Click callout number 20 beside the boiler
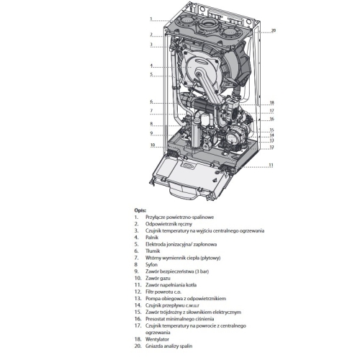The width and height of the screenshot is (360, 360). click(274, 30)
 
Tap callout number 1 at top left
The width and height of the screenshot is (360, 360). click(151, 19)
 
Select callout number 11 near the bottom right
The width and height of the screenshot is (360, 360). click(271, 165)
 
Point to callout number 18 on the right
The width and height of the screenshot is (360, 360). click(271, 102)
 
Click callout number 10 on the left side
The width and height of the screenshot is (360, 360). click(153, 145)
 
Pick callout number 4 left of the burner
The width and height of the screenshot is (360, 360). click(151, 66)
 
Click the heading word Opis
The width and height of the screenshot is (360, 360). click(140, 210)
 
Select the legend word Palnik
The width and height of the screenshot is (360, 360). click(152, 238)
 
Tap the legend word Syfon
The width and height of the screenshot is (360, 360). click(151, 264)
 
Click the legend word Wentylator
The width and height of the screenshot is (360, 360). click(157, 339)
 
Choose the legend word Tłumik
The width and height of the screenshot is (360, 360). click(153, 251)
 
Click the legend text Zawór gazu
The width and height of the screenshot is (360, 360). click(158, 278)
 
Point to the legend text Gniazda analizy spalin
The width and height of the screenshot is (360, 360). click(169, 346)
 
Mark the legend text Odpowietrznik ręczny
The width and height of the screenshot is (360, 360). click(168, 224)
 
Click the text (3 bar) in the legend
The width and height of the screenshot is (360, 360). click(202, 271)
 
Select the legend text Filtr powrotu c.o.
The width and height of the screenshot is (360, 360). click(163, 292)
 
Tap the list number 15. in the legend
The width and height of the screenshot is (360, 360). click(138, 312)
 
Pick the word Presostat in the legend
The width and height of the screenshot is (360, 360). click(155, 319)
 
